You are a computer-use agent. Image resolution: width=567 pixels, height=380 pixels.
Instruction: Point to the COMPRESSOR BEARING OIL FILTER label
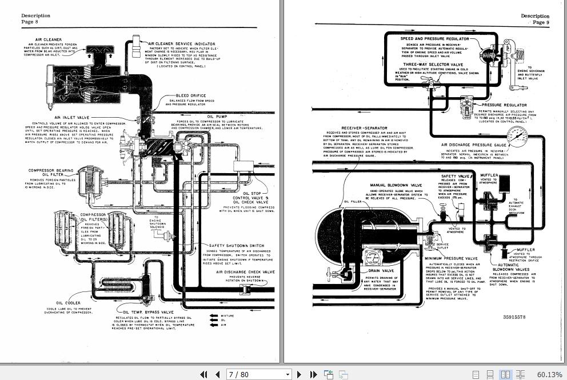pos(50,170)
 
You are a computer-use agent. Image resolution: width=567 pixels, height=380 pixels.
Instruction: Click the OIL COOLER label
pos(68,303)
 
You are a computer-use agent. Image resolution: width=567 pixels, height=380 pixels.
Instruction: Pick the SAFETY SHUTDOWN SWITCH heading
pos(236,246)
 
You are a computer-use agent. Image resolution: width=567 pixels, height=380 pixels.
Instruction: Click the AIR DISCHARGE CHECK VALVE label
pos(245,272)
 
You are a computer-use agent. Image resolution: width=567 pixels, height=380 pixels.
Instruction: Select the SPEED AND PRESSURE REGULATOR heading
pos(434,39)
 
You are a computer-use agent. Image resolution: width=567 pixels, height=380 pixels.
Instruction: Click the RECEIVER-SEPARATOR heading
pos(364,128)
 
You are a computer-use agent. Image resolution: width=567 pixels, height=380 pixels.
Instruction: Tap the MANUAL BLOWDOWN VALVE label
pos(396,185)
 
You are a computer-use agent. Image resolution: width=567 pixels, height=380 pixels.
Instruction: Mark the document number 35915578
pos(514,317)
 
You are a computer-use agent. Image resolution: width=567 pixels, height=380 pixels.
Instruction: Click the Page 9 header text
pos(540,22)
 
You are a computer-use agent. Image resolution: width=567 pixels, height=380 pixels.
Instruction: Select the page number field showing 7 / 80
pos(259,374)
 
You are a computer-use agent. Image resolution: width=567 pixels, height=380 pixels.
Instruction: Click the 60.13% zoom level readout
pos(550,374)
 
